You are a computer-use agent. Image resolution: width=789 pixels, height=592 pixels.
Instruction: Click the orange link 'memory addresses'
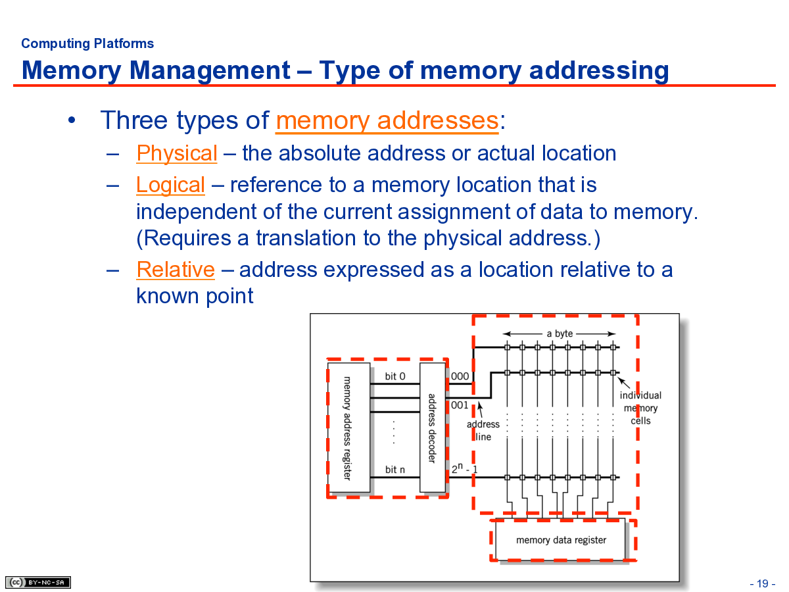387,120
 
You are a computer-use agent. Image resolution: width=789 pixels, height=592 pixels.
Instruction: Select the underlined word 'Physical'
176,153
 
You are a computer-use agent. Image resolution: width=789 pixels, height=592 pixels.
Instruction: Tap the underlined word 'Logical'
170,185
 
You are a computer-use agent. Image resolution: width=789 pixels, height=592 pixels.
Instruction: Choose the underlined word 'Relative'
176,270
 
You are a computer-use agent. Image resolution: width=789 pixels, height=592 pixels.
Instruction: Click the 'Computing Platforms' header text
87,43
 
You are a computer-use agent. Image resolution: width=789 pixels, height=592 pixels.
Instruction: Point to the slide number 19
763,583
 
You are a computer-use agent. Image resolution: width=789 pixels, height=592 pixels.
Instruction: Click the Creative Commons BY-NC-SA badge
37,582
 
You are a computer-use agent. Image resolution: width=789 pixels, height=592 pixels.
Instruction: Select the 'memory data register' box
560,539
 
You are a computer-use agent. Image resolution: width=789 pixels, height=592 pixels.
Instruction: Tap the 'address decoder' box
433,428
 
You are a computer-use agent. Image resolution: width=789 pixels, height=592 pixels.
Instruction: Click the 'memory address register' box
348,428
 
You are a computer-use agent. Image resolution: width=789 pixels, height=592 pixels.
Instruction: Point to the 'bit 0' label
394,376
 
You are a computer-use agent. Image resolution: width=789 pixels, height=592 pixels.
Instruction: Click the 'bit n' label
394,470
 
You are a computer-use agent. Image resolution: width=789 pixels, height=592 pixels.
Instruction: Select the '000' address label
460,376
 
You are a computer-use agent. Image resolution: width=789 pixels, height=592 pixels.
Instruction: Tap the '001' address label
460,405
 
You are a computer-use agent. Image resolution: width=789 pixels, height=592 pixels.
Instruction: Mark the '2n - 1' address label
464,468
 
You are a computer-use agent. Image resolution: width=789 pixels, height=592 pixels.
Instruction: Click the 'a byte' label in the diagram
560,333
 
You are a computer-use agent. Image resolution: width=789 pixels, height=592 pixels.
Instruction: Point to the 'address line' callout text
483,431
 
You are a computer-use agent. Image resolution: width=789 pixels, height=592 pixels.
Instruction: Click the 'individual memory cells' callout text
640,408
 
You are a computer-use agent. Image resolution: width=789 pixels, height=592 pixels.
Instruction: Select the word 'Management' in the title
210,70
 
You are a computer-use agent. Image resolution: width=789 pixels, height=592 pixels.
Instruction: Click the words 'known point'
195,296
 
